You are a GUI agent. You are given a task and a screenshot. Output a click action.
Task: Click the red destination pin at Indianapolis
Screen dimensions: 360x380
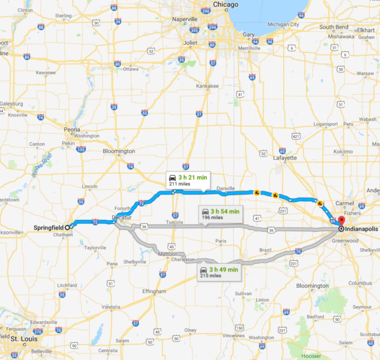click(x=341, y=221)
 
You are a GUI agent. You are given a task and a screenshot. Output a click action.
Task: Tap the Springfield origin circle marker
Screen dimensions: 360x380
click(x=68, y=227)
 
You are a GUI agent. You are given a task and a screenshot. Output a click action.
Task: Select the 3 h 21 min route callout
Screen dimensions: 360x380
click(x=188, y=180)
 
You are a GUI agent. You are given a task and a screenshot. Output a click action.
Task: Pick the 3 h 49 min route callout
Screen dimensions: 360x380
click(x=219, y=272)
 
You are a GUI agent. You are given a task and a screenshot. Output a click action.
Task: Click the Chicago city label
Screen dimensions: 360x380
click(x=225, y=5)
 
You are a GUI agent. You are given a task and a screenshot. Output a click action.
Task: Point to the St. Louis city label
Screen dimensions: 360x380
click(x=24, y=338)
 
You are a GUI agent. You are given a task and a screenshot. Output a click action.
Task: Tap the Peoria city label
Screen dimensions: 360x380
click(x=72, y=129)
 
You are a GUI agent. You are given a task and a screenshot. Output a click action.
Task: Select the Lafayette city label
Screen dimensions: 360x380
click(x=285, y=157)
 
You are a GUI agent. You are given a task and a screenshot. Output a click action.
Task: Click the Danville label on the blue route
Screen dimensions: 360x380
click(x=225, y=188)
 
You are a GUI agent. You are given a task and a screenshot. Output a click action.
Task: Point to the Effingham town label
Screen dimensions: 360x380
click(x=155, y=291)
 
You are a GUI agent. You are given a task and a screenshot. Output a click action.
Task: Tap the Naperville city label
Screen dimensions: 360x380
click(x=187, y=19)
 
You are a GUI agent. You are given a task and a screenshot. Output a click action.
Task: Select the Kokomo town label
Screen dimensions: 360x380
click(x=343, y=152)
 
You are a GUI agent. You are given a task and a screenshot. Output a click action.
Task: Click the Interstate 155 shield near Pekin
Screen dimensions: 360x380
click(x=81, y=149)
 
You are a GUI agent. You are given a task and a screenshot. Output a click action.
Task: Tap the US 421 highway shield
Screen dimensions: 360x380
click(x=296, y=136)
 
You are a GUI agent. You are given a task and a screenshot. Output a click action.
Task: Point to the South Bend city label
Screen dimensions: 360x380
click(x=333, y=27)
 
